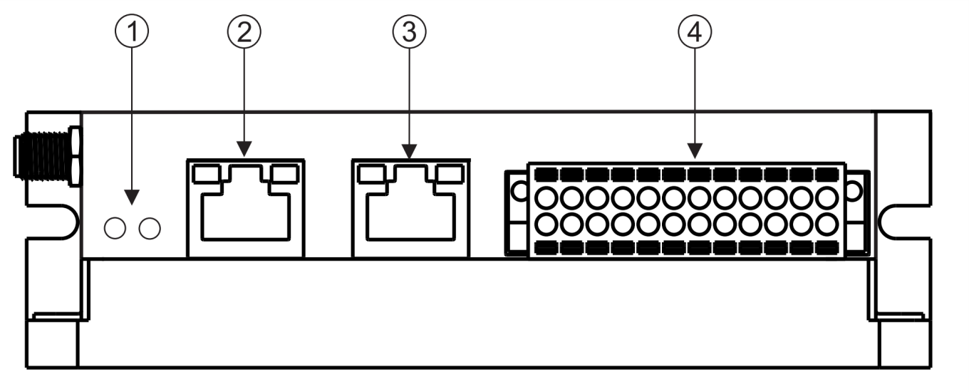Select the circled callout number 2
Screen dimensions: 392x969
tap(244, 33)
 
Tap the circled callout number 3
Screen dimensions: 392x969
tap(410, 33)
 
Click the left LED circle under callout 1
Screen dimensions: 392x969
tap(115, 228)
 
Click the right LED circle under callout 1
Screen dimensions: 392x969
tap(150, 228)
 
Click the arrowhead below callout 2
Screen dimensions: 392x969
tap(244, 150)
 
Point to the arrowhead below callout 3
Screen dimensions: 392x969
tap(410, 150)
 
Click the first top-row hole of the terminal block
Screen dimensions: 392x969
tap(546, 197)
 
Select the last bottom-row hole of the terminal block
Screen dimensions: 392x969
tap(827, 223)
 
